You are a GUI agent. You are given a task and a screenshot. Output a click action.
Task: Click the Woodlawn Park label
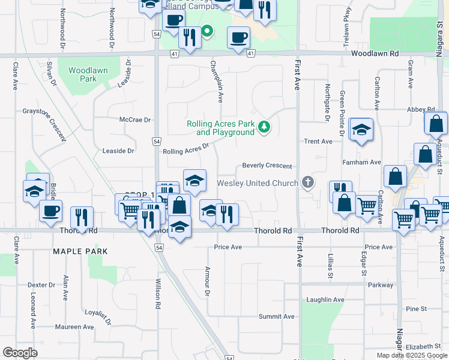88,74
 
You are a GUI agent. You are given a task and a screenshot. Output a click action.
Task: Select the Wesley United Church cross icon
308,182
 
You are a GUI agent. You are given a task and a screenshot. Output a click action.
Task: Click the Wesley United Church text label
257,183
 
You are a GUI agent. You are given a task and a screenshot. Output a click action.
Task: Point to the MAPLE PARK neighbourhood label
80,251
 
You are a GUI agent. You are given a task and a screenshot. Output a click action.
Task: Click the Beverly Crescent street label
267,166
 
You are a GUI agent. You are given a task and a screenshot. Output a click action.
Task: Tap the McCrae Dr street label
134,119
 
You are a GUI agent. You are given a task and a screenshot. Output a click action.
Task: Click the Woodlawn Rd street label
375,53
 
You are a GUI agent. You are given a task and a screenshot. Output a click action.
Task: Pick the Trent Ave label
318,142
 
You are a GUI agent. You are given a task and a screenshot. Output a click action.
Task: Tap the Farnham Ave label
363,162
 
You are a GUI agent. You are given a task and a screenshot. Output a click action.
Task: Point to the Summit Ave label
277,316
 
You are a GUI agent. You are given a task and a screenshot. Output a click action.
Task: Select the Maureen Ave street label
74,327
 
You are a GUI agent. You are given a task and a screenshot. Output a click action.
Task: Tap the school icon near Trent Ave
361,130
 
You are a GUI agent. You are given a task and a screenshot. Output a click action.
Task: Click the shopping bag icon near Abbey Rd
436,124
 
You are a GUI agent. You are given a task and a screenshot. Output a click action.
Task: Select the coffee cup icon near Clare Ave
51,211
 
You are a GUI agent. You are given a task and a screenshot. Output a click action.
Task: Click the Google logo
20,353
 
